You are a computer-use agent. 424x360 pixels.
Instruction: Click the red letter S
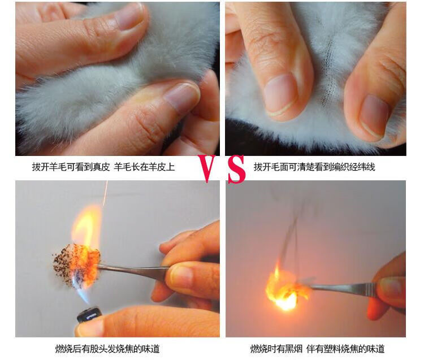(236, 169)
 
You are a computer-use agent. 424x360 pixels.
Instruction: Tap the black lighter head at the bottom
(89, 314)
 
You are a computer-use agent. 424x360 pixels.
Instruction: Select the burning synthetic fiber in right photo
(287, 290)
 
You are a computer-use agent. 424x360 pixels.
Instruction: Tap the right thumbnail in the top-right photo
(374, 115)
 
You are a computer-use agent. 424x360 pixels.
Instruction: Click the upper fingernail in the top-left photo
(130, 17)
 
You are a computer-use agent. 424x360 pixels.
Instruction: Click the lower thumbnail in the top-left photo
(181, 96)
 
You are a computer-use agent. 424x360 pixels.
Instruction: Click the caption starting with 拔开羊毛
(103, 167)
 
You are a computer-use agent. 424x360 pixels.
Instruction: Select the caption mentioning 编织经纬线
(314, 167)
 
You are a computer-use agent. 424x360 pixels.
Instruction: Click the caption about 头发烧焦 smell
(107, 348)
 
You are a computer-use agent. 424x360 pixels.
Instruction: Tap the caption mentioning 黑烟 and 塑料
(317, 348)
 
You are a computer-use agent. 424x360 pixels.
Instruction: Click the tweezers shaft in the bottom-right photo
(343, 288)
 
